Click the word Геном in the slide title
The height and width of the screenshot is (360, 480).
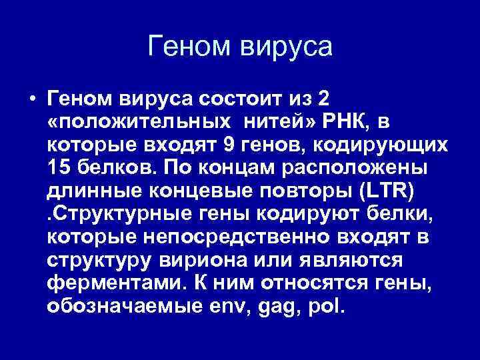[191, 47]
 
